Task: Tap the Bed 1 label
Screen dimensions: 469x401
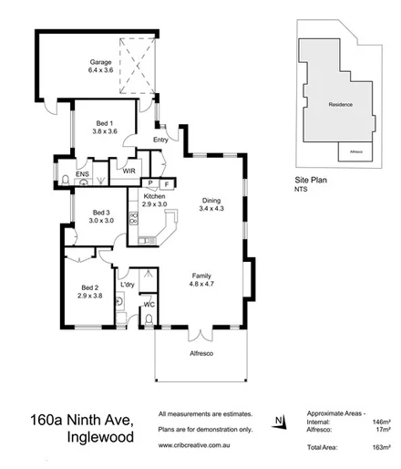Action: click(x=105, y=124)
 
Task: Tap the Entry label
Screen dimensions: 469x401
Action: click(x=160, y=139)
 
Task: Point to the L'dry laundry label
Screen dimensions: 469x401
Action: click(x=127, y=272)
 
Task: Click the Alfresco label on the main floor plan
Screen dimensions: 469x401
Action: click(x=200, y=353)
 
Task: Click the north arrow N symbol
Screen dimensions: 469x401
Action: click(x=278, y=422)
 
